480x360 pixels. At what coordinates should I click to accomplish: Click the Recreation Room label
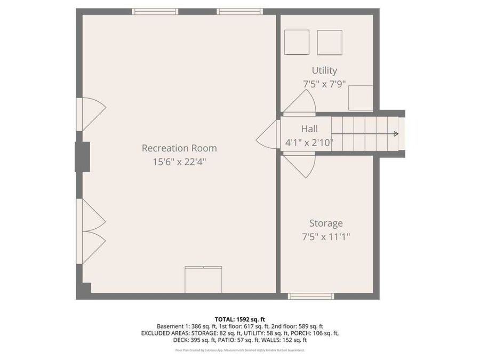pyautogui.click(x=179, y=148)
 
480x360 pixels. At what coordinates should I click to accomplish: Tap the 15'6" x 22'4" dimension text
pyautogui.click(x=179, y=161)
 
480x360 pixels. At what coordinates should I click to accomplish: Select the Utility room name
pyautogui.click(x=324, y=70)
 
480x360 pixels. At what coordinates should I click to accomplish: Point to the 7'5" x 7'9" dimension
pyautogui.click(x=324, y=84)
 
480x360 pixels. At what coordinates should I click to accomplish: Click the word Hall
pyautogui.click(x=309, y=129)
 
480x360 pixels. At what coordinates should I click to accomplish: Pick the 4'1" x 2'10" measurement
pyautogui.click(x=309, y=142)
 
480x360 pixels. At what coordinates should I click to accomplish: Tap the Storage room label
pyautogui.click(x=326, y=223)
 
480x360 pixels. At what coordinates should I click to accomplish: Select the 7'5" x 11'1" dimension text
pyautogui.click(x=326, y=236)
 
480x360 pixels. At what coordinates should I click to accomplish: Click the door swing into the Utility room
pyautogui.click(x=302, y=103)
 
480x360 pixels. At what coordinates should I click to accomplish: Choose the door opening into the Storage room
pyautogui.click(x=301, y=164)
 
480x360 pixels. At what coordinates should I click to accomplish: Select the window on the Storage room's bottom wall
pyautogui.click(x=311, y=296)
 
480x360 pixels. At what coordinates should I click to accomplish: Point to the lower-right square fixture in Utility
pyautogui.click(x=361, y=98)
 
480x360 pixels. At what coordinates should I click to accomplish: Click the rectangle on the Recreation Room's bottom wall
pyautogui.click(x=203, y=279)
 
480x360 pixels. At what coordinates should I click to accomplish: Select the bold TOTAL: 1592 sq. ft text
pyautogui.click(x=239, y=318)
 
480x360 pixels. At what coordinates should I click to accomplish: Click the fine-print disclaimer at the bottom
pyautogui.click(x=239, y=350)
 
